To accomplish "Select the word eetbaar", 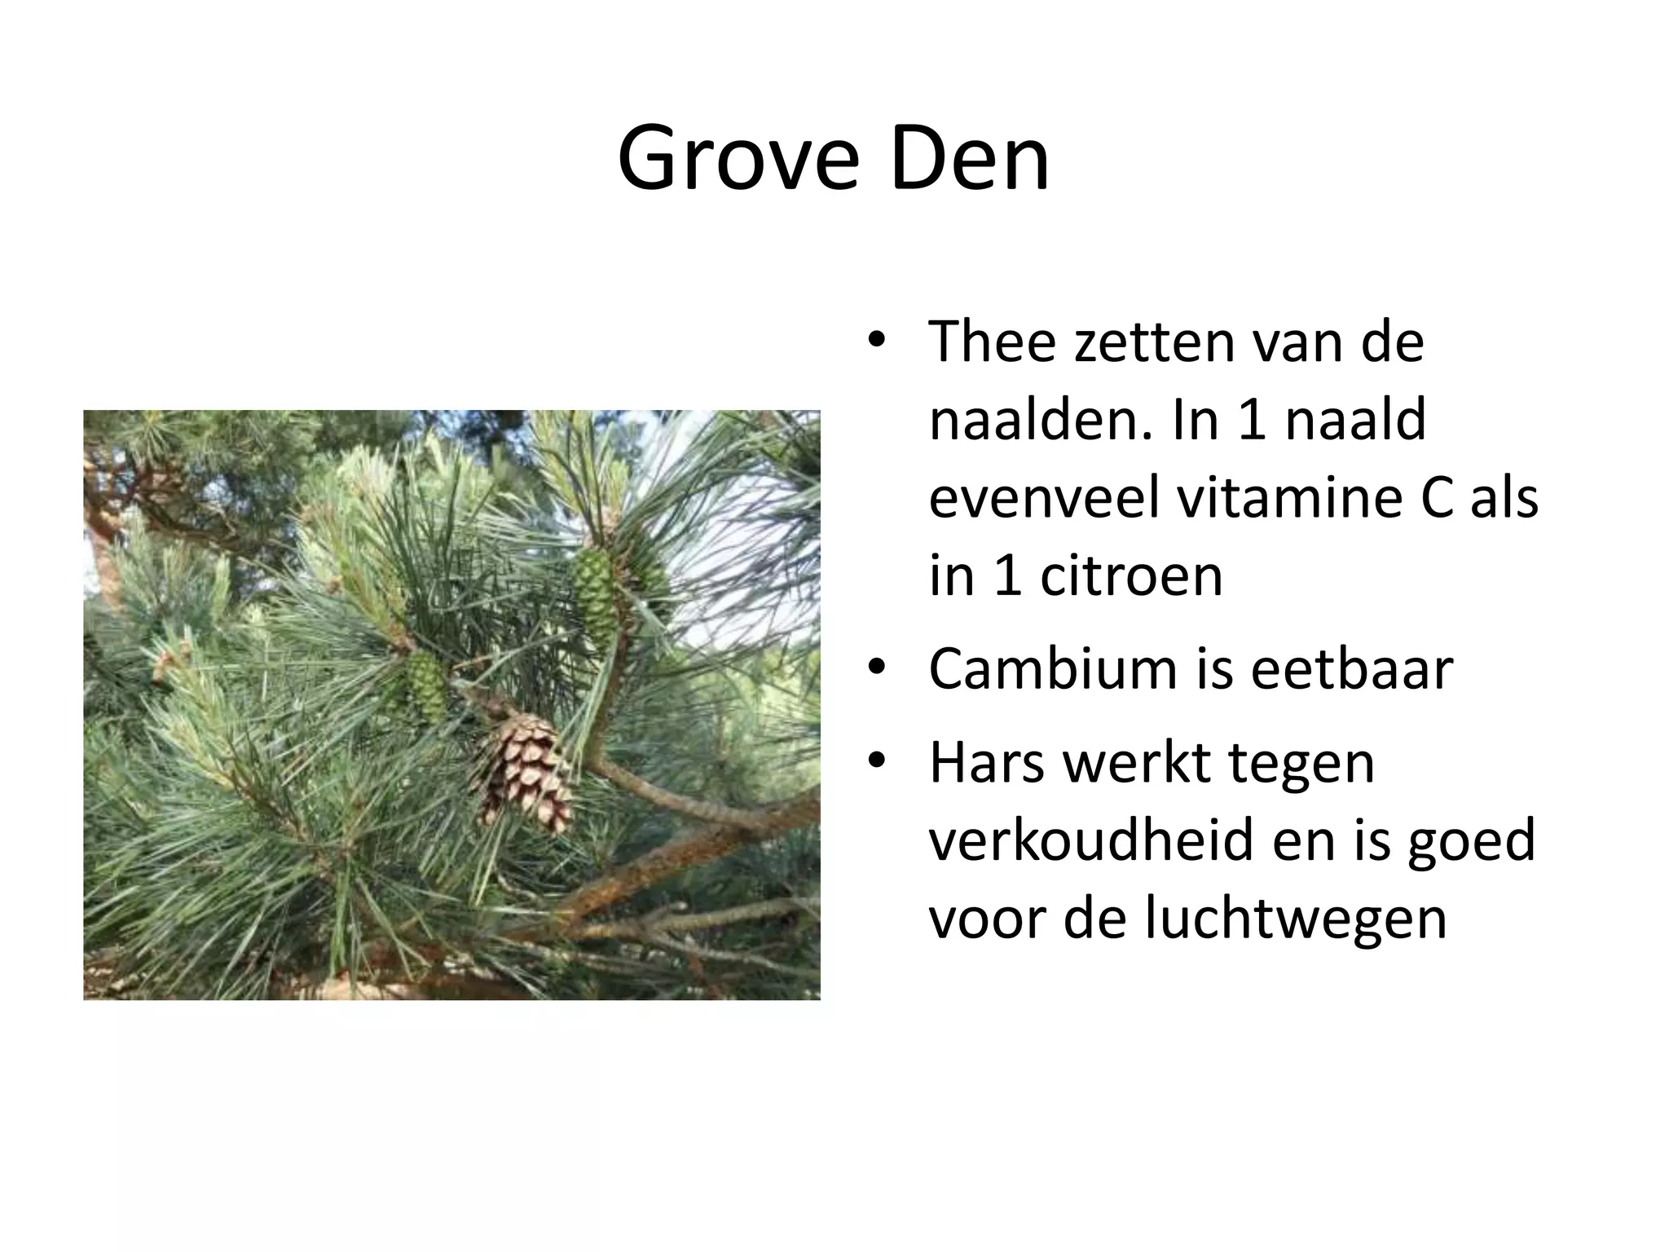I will click(1352, 669).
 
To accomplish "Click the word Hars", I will click(987, 763).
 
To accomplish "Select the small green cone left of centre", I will click(425, 685).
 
